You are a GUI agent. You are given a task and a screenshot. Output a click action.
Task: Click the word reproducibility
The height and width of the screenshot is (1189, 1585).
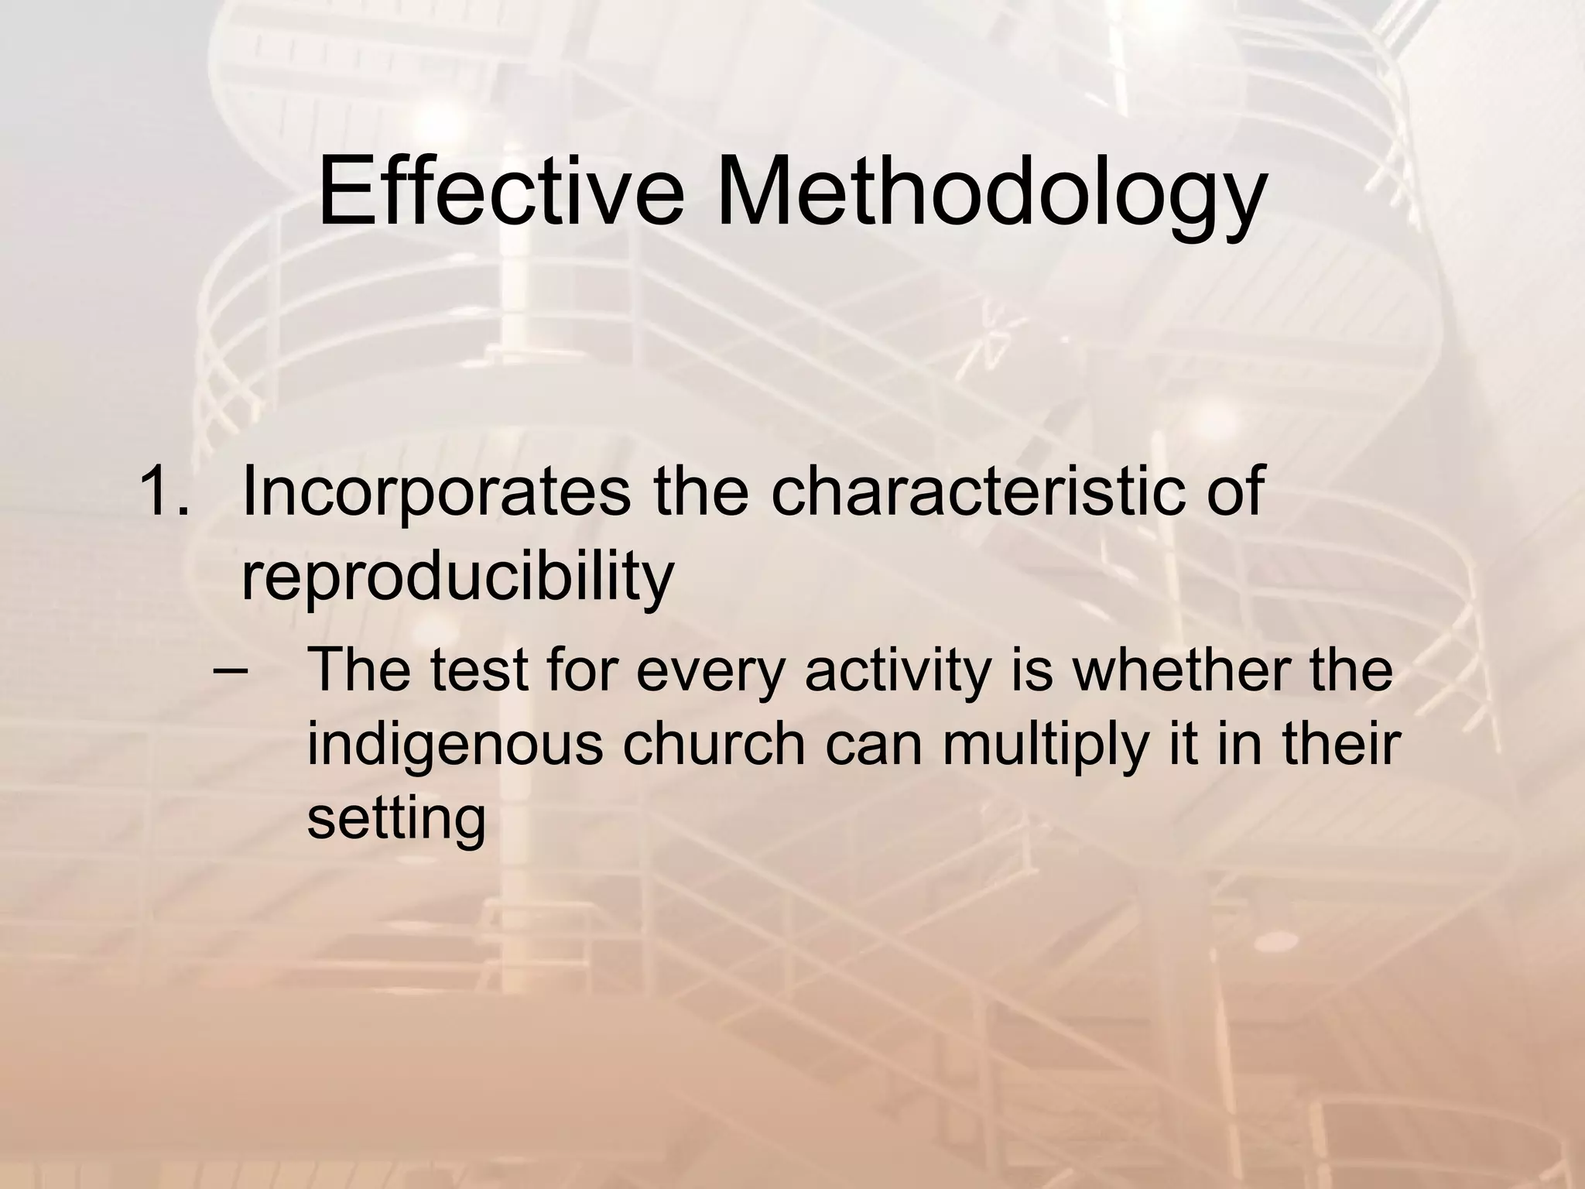457,579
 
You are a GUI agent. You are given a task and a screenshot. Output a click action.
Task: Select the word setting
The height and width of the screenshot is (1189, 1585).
396,821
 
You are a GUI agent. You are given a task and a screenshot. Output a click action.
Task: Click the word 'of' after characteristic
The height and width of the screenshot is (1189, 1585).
1227,492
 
